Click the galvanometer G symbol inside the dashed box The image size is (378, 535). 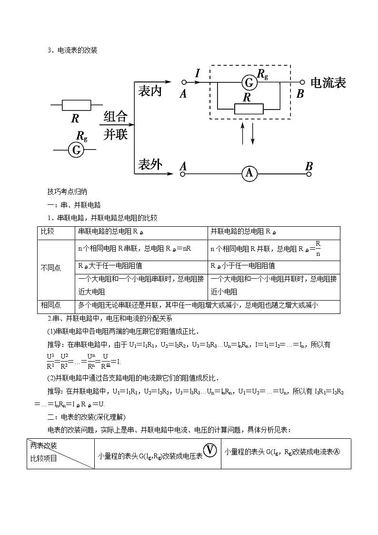coord(249,83)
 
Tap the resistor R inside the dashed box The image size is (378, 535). coord(249,109)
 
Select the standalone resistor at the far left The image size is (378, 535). coord(76,105)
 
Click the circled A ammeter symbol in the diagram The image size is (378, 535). coord(249,174)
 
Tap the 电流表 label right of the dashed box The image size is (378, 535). coord(328,82)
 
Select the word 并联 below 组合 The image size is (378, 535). coord(116,134)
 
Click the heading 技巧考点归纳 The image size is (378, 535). coord(68,192)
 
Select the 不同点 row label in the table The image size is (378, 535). coord(51,268)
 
